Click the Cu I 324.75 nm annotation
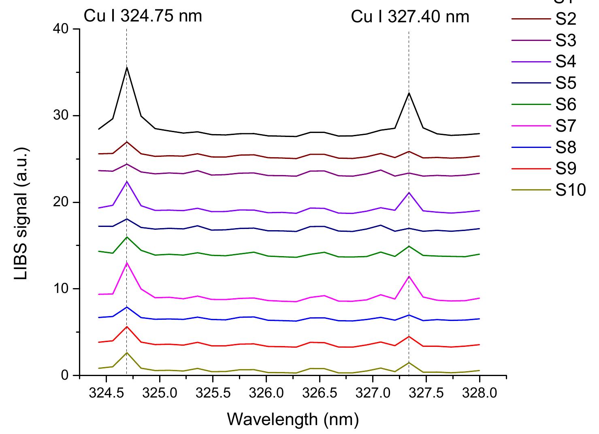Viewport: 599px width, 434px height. (143, 17)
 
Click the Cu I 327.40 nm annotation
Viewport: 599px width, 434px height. (410, 17)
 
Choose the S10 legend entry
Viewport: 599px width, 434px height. (570, 190)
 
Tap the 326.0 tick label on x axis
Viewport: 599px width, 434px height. (266, 393)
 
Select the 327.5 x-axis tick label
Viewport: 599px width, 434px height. (426, 393)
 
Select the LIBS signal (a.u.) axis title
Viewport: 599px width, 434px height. (22, 202)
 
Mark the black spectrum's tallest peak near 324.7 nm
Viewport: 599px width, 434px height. (127, 67)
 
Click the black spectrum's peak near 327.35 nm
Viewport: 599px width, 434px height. (409, 93)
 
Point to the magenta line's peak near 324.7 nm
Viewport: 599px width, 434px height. (127, 263)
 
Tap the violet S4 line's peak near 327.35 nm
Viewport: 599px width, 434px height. (409, 192)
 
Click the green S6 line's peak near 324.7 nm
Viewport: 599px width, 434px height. (127, 237)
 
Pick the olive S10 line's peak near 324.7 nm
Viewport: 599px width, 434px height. (127, 353)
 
